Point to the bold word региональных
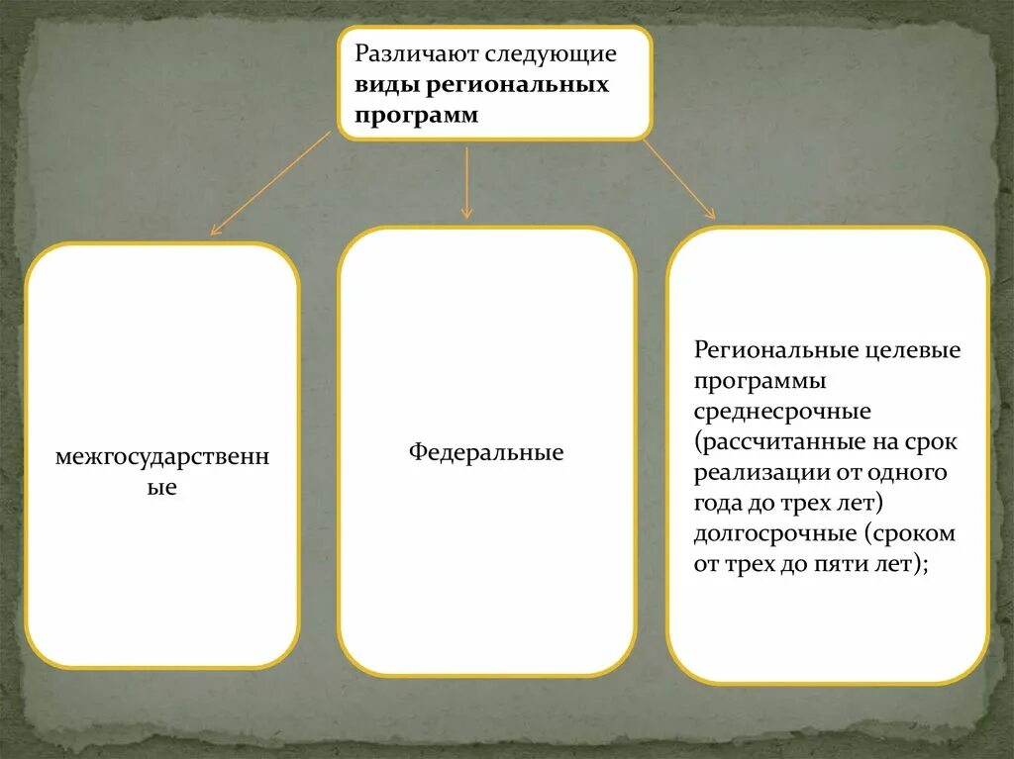519,85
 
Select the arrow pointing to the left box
270,183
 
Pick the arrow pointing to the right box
678,178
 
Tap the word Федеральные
486,453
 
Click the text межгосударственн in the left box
162,458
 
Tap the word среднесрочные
782,411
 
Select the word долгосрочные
773,533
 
